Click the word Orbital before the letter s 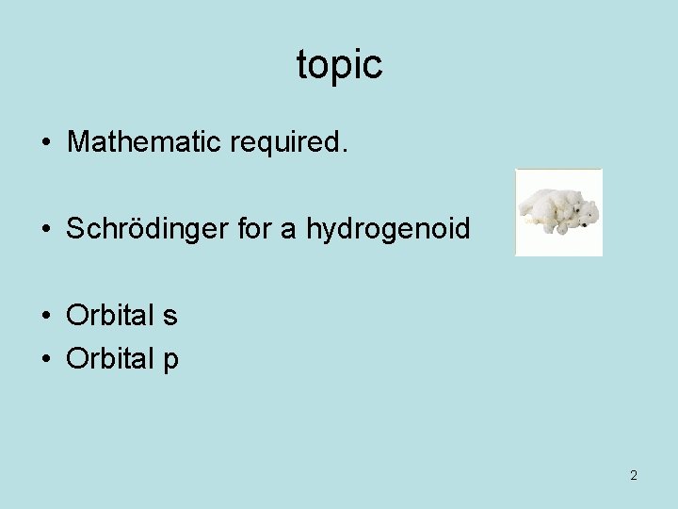point(108,316)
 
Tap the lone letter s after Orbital point(169,317)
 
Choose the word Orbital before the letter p point(108,359)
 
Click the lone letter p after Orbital point(169,362)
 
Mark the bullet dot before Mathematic point(45,143)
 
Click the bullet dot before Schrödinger point(45,230)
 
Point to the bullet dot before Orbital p point(45,360)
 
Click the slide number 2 point(633,475)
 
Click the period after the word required point(345,150)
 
